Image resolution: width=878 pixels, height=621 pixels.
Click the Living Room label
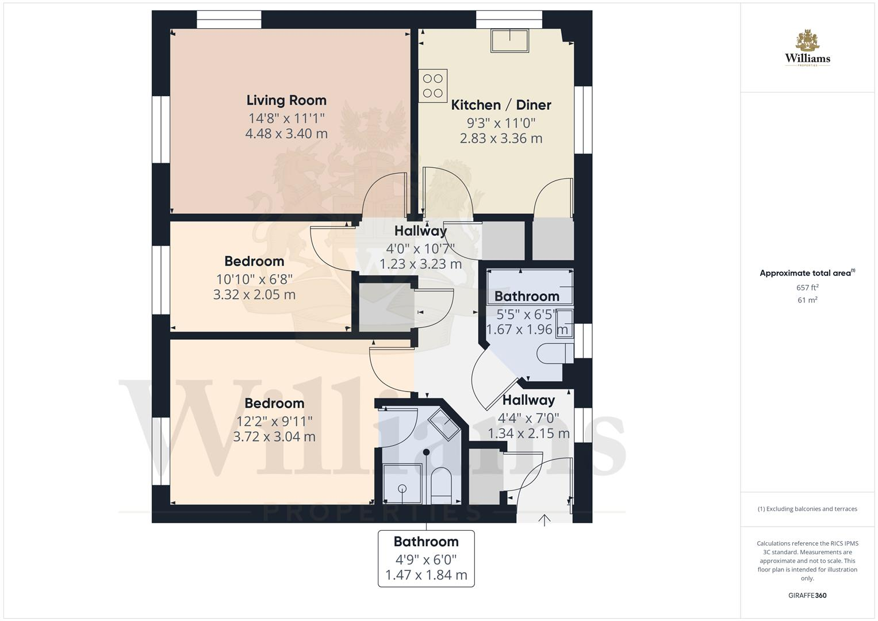[286, 100]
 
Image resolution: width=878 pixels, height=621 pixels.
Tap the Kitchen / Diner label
[501, 105]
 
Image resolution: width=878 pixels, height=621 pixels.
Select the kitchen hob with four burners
[433, 86]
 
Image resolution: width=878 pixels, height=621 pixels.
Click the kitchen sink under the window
[509, 40]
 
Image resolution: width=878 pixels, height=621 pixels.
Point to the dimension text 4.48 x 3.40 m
[286, 133]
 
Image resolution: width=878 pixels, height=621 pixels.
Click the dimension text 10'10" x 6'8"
[254, 279]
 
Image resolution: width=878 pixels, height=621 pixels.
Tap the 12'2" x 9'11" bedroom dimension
[274, 421]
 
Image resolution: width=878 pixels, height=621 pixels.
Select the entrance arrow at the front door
[544, 520]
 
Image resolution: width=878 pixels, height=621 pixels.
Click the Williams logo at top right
[807, 49]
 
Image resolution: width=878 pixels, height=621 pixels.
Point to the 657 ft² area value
[807, 287]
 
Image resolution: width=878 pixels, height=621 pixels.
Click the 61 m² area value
[807, 300]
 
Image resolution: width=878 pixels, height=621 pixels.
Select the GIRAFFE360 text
[807, 595]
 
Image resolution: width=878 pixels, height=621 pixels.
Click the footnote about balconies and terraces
[807, 509]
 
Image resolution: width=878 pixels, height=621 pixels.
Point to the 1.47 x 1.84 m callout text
[426, 574]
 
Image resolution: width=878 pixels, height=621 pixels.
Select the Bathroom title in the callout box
[426, 542]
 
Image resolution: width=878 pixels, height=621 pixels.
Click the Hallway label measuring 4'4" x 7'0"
[528, 400]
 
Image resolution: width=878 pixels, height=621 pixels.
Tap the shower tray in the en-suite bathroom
[402, 484]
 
